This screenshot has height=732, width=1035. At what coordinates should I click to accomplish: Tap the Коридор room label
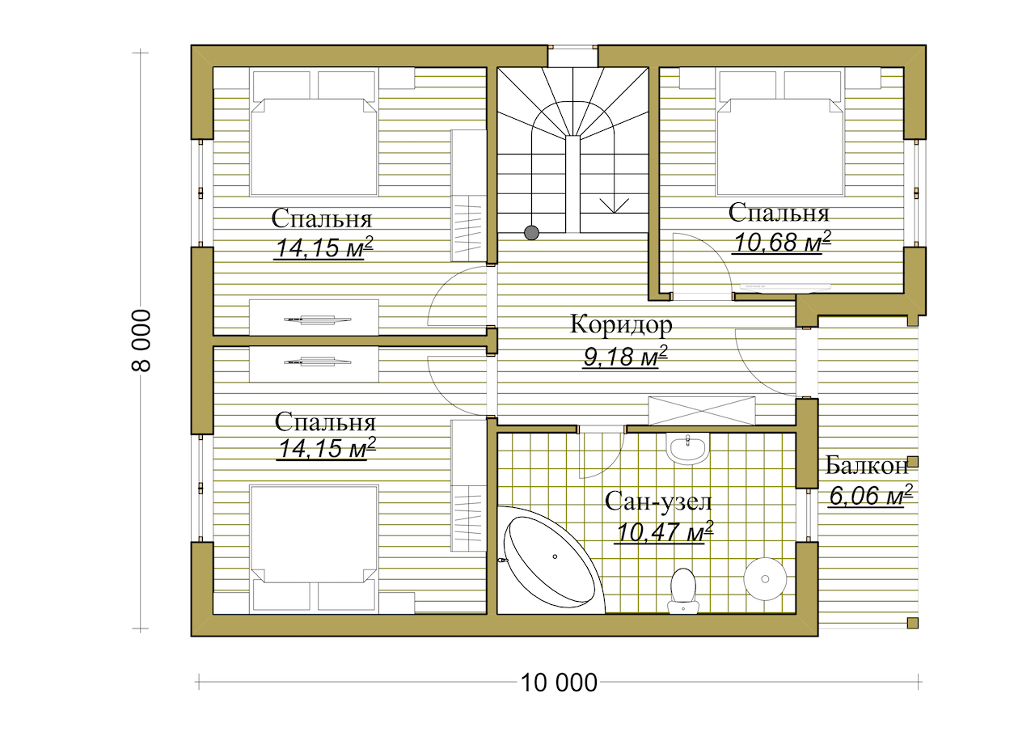(621, 324)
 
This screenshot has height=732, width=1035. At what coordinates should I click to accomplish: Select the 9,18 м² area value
(625, 357)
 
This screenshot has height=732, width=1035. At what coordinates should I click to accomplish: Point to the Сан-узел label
(658, 502)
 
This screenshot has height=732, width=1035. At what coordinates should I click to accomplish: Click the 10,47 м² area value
(664, 532)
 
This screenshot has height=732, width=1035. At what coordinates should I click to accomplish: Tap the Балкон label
(867, 466)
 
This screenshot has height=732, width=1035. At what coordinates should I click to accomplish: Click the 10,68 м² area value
(781, 242)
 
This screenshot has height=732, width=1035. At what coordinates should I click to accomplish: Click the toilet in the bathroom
(682, 590)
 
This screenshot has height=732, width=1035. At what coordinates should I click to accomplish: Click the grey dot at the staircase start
(532, 233)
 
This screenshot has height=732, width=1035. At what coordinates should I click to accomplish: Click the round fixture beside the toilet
(765, 579)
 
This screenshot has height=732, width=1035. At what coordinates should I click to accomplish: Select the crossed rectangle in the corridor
(701, 410)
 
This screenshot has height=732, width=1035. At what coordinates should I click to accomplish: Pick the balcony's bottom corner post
(912, 624)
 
